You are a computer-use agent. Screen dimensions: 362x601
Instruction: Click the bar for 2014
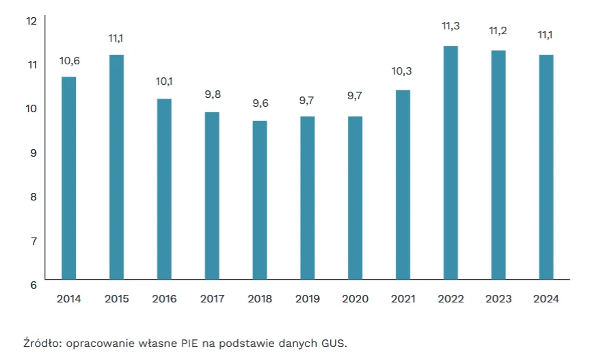[68, 178]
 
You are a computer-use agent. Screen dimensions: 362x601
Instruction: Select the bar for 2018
[259, 200]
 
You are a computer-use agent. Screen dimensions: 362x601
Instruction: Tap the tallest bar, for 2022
[451, 163]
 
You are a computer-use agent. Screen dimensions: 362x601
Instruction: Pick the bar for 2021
[403, 185]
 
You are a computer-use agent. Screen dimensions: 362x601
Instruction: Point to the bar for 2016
[164, 189]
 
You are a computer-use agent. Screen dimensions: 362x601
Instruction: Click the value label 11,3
[451, 26]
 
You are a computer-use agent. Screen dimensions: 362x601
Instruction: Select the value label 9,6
[260, 103]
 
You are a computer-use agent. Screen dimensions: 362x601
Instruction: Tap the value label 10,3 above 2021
[403, 70]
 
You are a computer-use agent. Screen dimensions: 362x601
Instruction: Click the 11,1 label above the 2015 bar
[116, 38]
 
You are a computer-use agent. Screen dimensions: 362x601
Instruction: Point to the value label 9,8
[212, 94]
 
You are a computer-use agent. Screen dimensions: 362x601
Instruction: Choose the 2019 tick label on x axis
[307, 299]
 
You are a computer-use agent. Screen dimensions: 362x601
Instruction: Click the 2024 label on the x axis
[546, 299]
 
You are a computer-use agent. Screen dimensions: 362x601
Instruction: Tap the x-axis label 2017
[212, 299]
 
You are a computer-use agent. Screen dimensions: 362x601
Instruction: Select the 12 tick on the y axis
[31, 21]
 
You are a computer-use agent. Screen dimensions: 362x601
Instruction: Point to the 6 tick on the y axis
[31, 285]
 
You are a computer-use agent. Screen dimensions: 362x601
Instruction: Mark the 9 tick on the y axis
[31, 153]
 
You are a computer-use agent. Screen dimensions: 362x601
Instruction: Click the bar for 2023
[498, 165]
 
